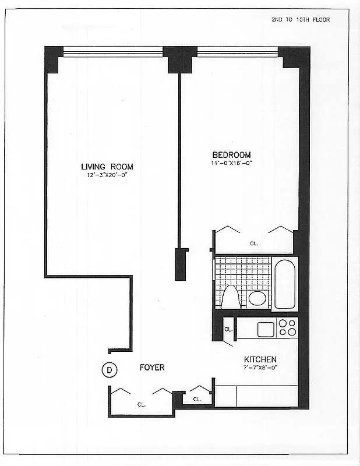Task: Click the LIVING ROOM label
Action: pyautogui.click(x=107, y=167)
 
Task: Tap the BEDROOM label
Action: pyautogui.click(x=231, y=155)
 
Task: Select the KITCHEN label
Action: pyautogui.click(x=260, y=359)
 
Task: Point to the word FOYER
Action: pyautogui.click(x=152, y=368)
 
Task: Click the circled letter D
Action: pyautogui.click(x=109, y=369)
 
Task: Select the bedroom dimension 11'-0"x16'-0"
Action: pyautogui.click(x=231, y=163)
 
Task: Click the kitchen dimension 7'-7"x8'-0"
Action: pyautogui.click(x=260, y=368)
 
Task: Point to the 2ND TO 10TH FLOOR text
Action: pyautogui.click(x=301, y=19)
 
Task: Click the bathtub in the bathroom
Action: pyautogui.click(x=285, y=284)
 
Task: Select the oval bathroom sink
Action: pyautogui.click(x=257, y=298)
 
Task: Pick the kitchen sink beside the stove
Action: pyautogui.click(x=265, y=329)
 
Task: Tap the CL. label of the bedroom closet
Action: pyautogui.click(x=254, y=243)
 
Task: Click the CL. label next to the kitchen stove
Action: pyautogui.click(x=228, y=329)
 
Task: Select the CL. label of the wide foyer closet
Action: pyautogui.click(x=141, y=404)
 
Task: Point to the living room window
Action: pyautogui.click(x=113, y=52)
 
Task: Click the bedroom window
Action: pyautogui.click(x=238, y=52)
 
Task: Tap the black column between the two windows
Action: pyautogui.click(x=180, y=59)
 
